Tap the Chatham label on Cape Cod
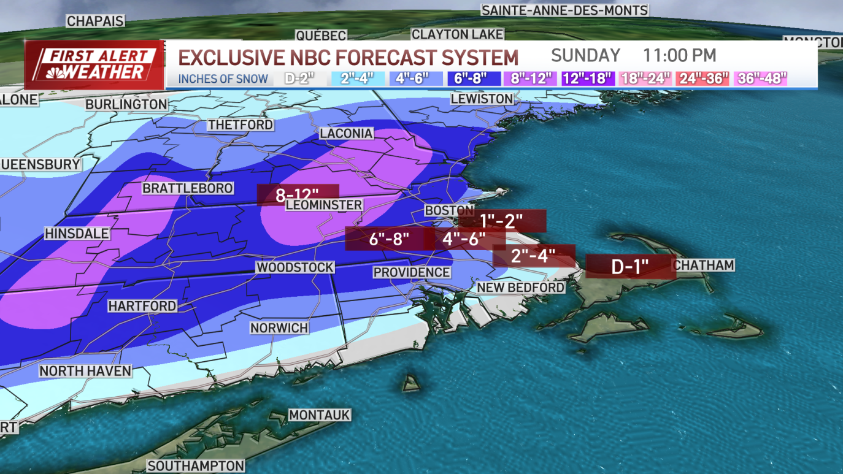[704, 265]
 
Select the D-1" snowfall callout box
[631, 267]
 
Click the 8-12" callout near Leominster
[298, 195]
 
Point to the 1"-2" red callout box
[502, 221]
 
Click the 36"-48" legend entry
[761, 78]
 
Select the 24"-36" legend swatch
[702, 78]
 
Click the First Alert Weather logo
[94, 64]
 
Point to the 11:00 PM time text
[679, 55]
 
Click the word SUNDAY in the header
[585, 55]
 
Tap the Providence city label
[412, 272]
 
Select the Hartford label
[142, 305]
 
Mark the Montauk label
[319, 415]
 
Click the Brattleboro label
[188, 188]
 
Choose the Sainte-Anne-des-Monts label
[564, 10]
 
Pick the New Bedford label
[520, 288]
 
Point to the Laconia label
[346, 133]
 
